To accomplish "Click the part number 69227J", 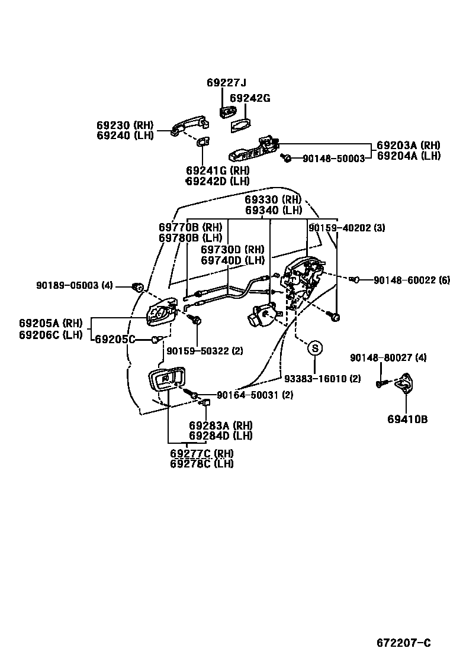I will (226, 83).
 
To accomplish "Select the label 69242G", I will (249, 98).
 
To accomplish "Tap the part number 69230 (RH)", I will (125, 125).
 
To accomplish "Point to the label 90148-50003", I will (333, 159).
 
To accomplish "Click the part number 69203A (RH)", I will (409, 145).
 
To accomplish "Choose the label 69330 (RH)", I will (273, 199).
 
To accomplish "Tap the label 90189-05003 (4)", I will (74, 285).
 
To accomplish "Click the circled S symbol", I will (315, 348).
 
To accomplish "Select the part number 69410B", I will (407, 420).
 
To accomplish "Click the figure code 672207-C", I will (404, 643).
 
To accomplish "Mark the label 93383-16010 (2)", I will (322, 379).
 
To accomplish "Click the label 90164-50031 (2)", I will (255, 395).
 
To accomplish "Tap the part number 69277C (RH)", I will (201, 453).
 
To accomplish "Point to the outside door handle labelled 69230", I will (189, 125).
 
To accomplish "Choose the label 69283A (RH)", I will (221, 425).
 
